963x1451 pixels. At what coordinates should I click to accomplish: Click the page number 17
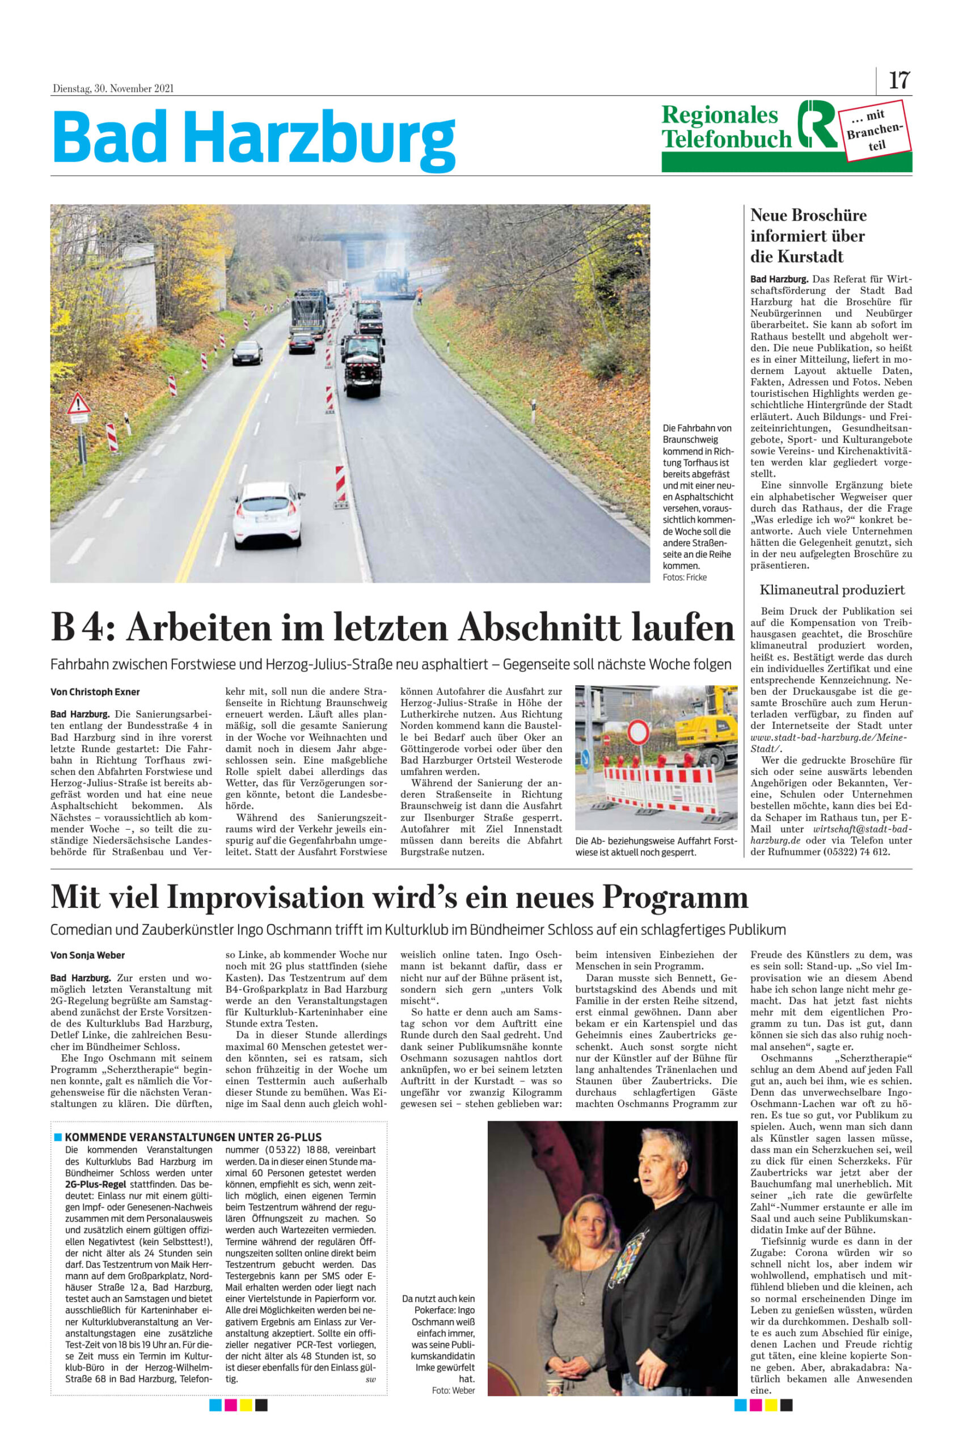tap(898, 81)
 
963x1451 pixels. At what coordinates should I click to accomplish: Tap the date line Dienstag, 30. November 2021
tap(113, 88)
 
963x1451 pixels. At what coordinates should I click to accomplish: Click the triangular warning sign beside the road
tap(79, 405)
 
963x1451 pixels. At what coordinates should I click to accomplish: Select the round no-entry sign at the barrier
tap(638, 732)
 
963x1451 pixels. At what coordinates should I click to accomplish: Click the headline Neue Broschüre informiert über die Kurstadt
tap(808, 236)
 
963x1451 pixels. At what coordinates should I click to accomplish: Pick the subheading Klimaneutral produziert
tap(831, 590)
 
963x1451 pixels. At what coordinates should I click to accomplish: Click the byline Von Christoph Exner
tap(95, 691)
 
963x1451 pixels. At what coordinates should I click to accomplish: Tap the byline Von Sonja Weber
tap(87, 955)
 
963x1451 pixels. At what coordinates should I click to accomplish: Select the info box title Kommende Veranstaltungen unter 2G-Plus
tap(193, 1137)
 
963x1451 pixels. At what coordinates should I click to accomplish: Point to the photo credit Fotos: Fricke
tap(684, 578)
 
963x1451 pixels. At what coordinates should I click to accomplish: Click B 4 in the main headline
tap(77, 628)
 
